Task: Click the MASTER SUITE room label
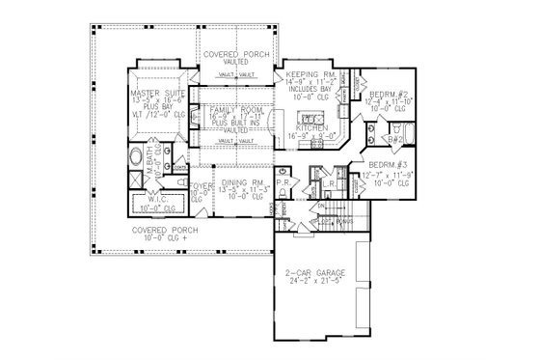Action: click(158, 93)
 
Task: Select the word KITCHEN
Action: click(311, 128)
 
